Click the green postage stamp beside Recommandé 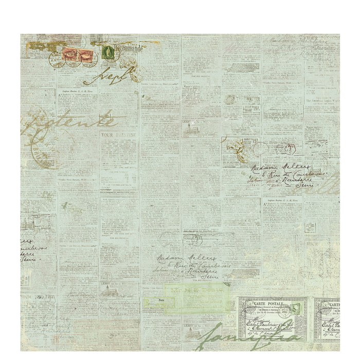point(107,52)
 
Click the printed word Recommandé point(130,48)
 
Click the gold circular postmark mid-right point(237,147)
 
